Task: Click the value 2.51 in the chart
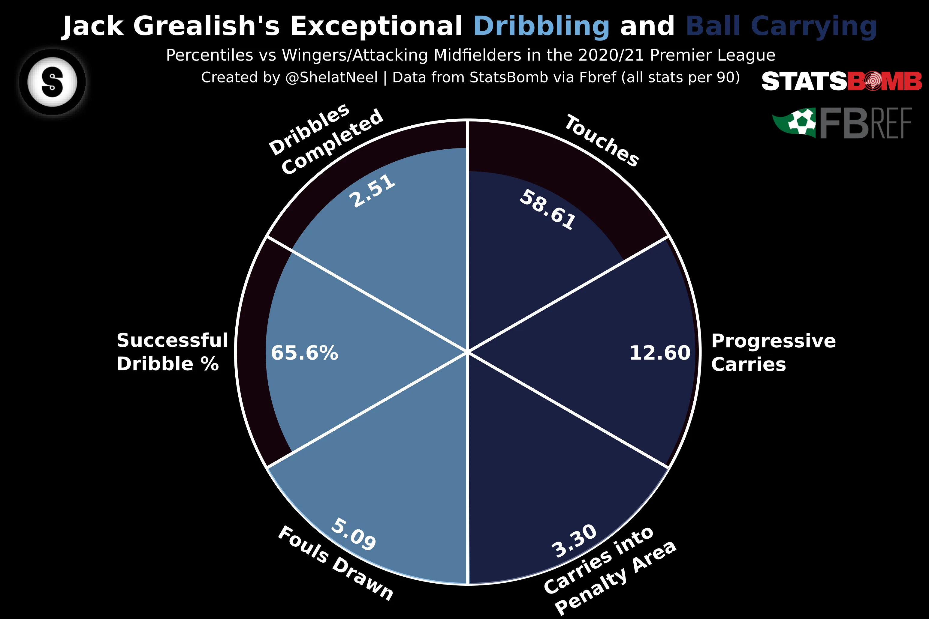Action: point(372,191)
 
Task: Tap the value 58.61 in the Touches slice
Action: point(547,210)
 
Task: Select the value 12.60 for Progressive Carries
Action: point(659,353)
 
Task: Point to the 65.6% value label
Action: point(304,353)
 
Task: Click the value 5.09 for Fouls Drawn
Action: point(353,534)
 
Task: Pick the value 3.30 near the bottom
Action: point(574,541)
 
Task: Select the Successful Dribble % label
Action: point(172,352)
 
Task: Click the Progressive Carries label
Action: point(773,352)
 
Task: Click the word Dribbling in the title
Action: point(541,26)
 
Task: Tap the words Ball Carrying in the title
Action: point(781,26)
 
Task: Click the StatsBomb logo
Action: point(841,82)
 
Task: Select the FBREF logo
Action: point(842,123)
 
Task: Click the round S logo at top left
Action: point(52,82)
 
